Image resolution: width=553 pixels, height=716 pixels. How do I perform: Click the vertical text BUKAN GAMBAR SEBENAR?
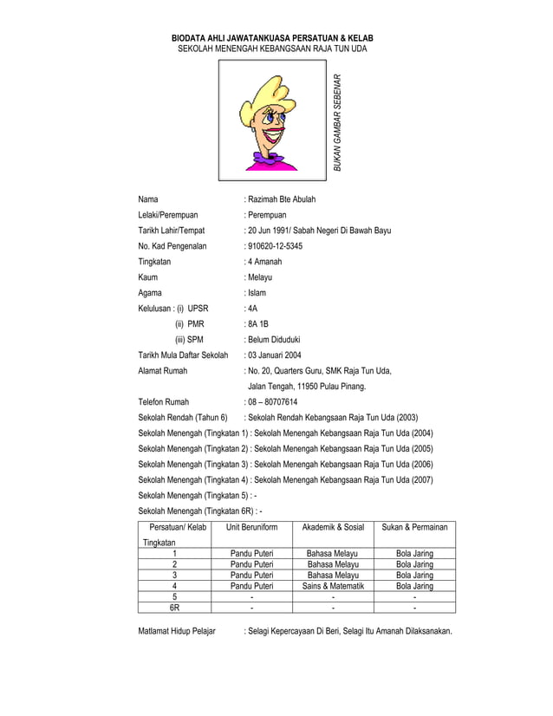339,120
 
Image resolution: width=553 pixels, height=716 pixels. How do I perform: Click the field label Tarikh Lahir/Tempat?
171,231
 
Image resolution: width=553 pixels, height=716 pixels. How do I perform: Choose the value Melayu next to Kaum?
260,277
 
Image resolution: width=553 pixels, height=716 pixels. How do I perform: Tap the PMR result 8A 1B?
257,324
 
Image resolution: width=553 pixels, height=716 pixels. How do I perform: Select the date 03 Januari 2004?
275,355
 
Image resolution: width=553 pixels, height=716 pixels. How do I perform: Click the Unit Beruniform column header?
251,527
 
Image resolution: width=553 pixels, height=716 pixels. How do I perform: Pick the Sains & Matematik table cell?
333,586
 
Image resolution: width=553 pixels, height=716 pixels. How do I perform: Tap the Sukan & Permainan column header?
414,527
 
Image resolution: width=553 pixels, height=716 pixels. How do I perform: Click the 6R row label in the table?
174,609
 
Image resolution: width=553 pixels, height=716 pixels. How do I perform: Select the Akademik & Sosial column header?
333,527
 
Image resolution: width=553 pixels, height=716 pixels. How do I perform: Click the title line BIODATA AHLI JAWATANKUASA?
272,40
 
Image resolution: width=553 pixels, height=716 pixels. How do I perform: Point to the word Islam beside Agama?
257,293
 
